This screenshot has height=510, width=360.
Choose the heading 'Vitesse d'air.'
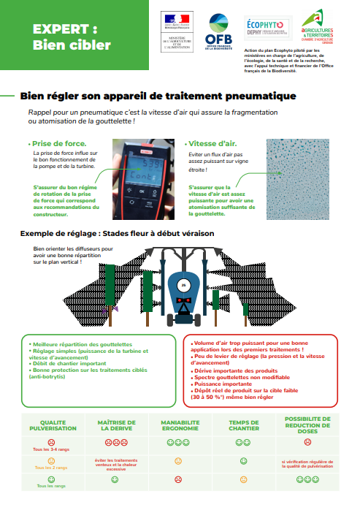212,143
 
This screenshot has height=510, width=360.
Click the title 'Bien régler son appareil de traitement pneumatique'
158,96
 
